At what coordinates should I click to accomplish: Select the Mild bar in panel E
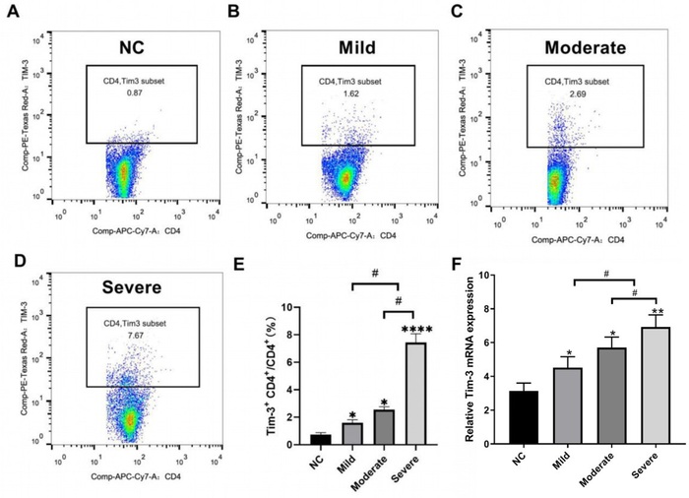point(351,434)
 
